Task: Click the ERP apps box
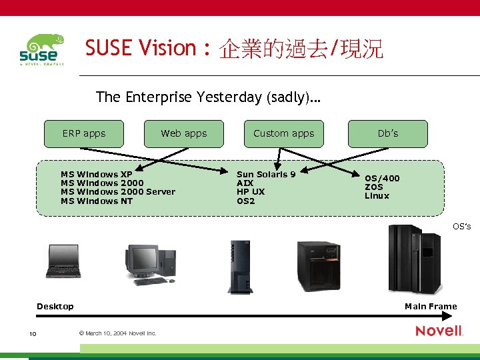(84, 133)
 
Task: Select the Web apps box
(184, 133)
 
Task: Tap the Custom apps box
(283, 133)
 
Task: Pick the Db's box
(387, 133)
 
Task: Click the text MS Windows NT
(97, 201)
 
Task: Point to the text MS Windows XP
(97, 175)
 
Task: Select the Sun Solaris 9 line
(266, 175)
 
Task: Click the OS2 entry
(245, 201)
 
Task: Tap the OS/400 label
(382, 179)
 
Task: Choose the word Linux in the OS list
(377, 196)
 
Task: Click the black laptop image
(63, 261)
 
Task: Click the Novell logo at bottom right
(439, 331)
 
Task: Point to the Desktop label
(55, 307)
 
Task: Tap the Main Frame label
(431, 307)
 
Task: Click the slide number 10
(32, 333)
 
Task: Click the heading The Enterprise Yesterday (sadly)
(208, 97)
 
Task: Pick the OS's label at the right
(461, 227)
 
